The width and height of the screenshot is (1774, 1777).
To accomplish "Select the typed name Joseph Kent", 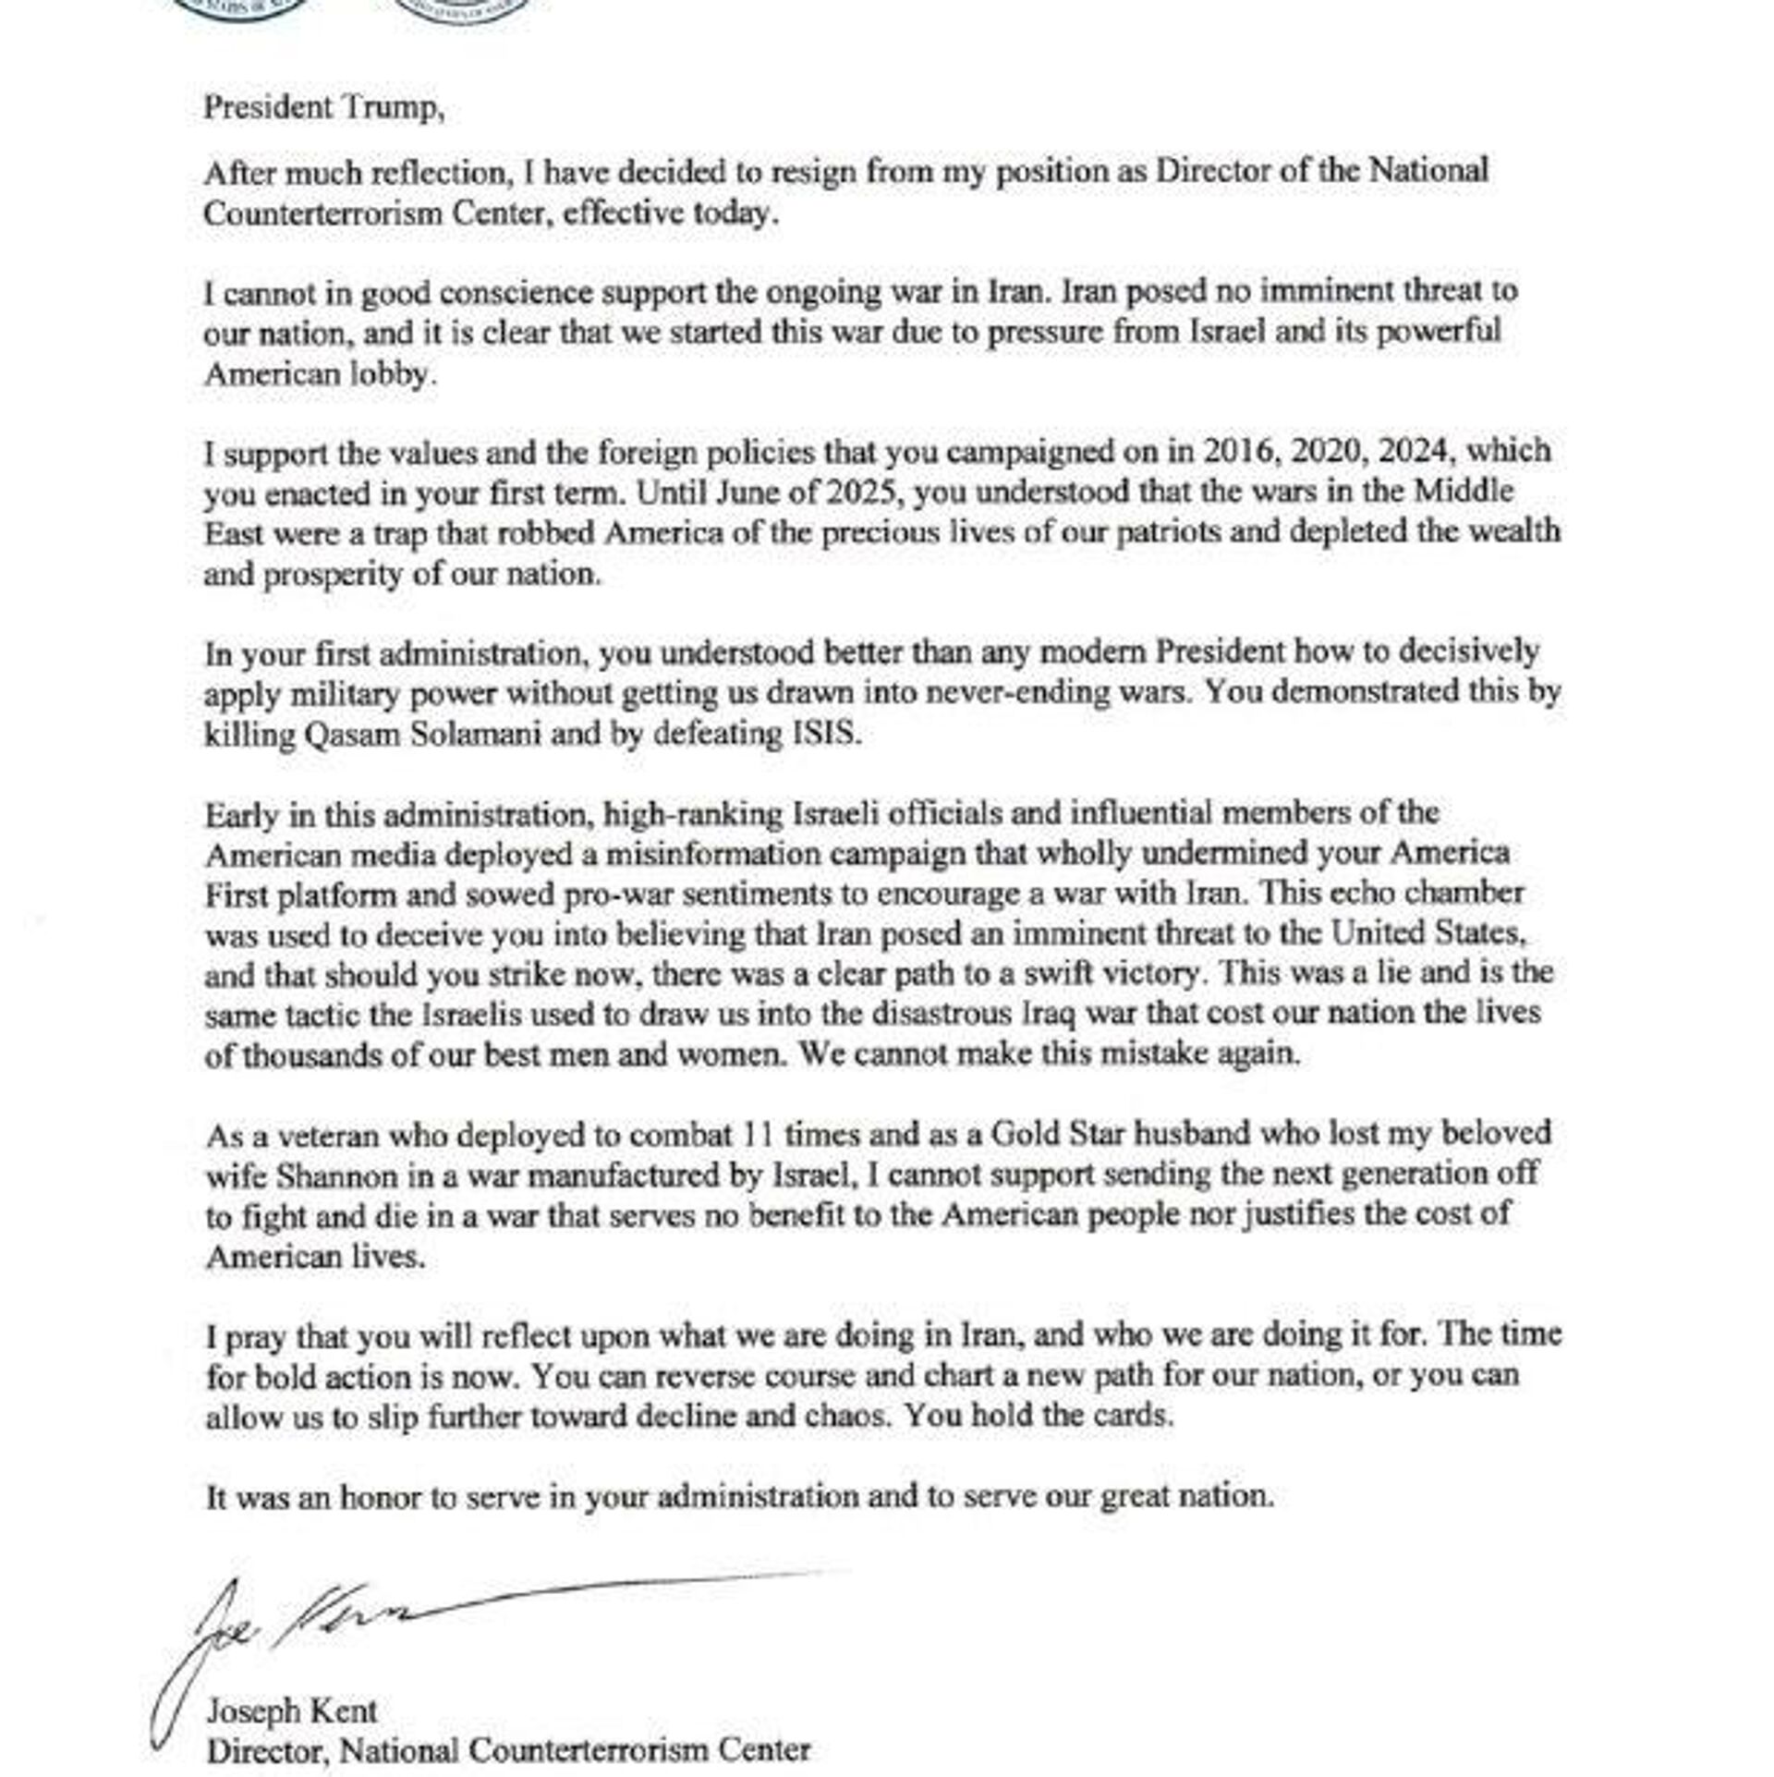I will coord(290,1710).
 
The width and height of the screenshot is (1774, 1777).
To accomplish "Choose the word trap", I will coord(398,534).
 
